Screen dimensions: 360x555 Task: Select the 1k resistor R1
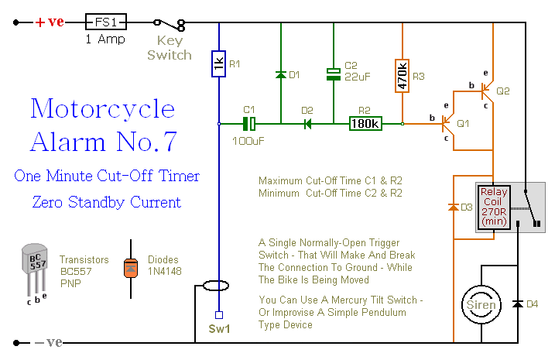219,65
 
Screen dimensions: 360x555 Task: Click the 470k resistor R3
403,75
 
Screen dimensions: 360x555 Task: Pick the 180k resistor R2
365,123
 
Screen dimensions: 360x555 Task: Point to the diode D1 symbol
279,74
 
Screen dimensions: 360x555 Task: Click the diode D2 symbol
307,123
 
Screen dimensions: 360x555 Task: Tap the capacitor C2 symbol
334,74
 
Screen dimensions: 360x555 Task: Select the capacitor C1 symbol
249,123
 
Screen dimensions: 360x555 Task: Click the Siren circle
481,303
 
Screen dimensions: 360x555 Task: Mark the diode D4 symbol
517,303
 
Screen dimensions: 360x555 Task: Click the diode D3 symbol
453,207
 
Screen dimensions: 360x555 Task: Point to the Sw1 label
220,328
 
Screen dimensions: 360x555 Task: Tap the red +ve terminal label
50,22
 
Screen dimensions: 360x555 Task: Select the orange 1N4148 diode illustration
131,268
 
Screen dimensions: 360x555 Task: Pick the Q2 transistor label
503,91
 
